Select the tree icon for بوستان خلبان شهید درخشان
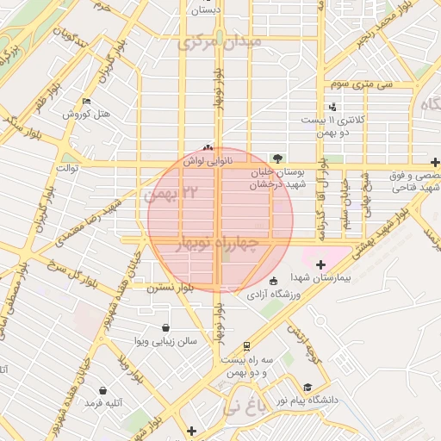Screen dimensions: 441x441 pos(277,158)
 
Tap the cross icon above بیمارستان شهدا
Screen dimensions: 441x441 pos(321,264)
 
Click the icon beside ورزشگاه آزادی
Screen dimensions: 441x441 pos(273,281)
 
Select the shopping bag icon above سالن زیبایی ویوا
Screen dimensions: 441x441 pos(165,327)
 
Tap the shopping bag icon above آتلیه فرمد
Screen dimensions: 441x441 pos(103,390)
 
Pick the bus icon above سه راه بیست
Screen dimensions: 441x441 pos(247,345)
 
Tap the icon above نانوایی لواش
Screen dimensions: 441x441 pos(207,147)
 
